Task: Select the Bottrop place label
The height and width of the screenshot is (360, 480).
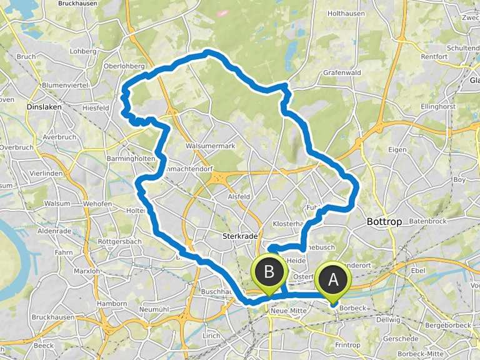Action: (382, 221)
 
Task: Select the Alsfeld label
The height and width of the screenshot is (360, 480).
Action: (239, 196)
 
